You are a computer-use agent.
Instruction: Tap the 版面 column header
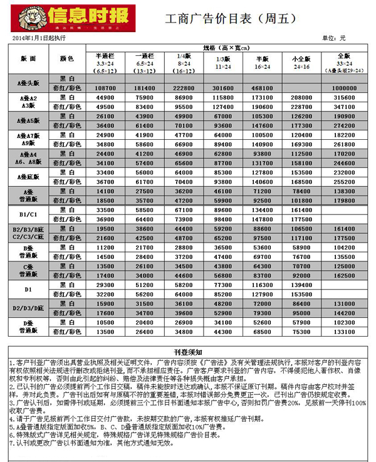click(x=28, y=58)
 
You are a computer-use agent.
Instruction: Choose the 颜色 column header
click(x=67, y=58)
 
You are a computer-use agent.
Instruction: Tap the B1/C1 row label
click(x=28, y=214)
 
